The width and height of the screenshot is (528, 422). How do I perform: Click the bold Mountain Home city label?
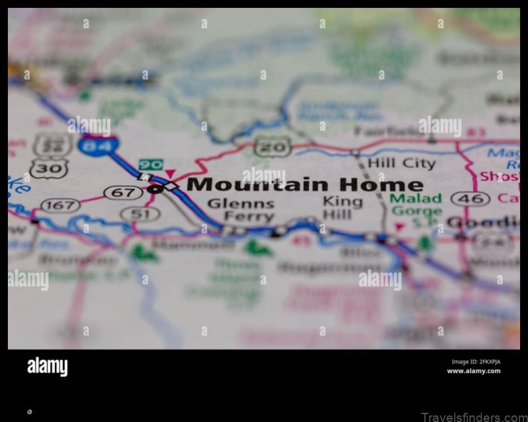coord(304,184)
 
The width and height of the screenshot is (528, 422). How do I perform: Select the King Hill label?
coord(343,207)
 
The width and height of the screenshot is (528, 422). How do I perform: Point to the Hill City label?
coord(401,162)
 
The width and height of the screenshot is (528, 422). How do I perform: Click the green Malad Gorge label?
coord(416,205)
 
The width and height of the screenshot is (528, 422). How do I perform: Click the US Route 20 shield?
coord(272,147)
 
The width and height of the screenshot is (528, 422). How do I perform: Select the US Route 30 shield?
coord(48,168)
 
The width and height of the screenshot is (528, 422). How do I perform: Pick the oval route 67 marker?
coord(123,193)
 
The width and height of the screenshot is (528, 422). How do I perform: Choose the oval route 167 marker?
coord(60,205)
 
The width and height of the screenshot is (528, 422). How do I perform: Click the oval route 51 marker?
coord(140,213)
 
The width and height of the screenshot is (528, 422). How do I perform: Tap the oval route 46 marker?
coord(470,198)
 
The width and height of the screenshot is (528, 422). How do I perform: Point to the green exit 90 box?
coord(150,164)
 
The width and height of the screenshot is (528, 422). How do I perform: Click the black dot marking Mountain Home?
coord(152,190)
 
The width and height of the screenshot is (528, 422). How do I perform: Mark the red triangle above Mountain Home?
coord(170,174)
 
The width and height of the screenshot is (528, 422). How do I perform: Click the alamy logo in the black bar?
coord(47,367)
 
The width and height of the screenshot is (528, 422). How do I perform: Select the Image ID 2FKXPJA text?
coord(475,361)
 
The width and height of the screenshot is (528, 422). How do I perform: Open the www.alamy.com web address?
coord(473,371)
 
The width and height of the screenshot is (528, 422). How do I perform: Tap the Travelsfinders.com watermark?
coord(474,417)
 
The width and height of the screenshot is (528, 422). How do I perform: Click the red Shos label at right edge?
coord(500,176)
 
